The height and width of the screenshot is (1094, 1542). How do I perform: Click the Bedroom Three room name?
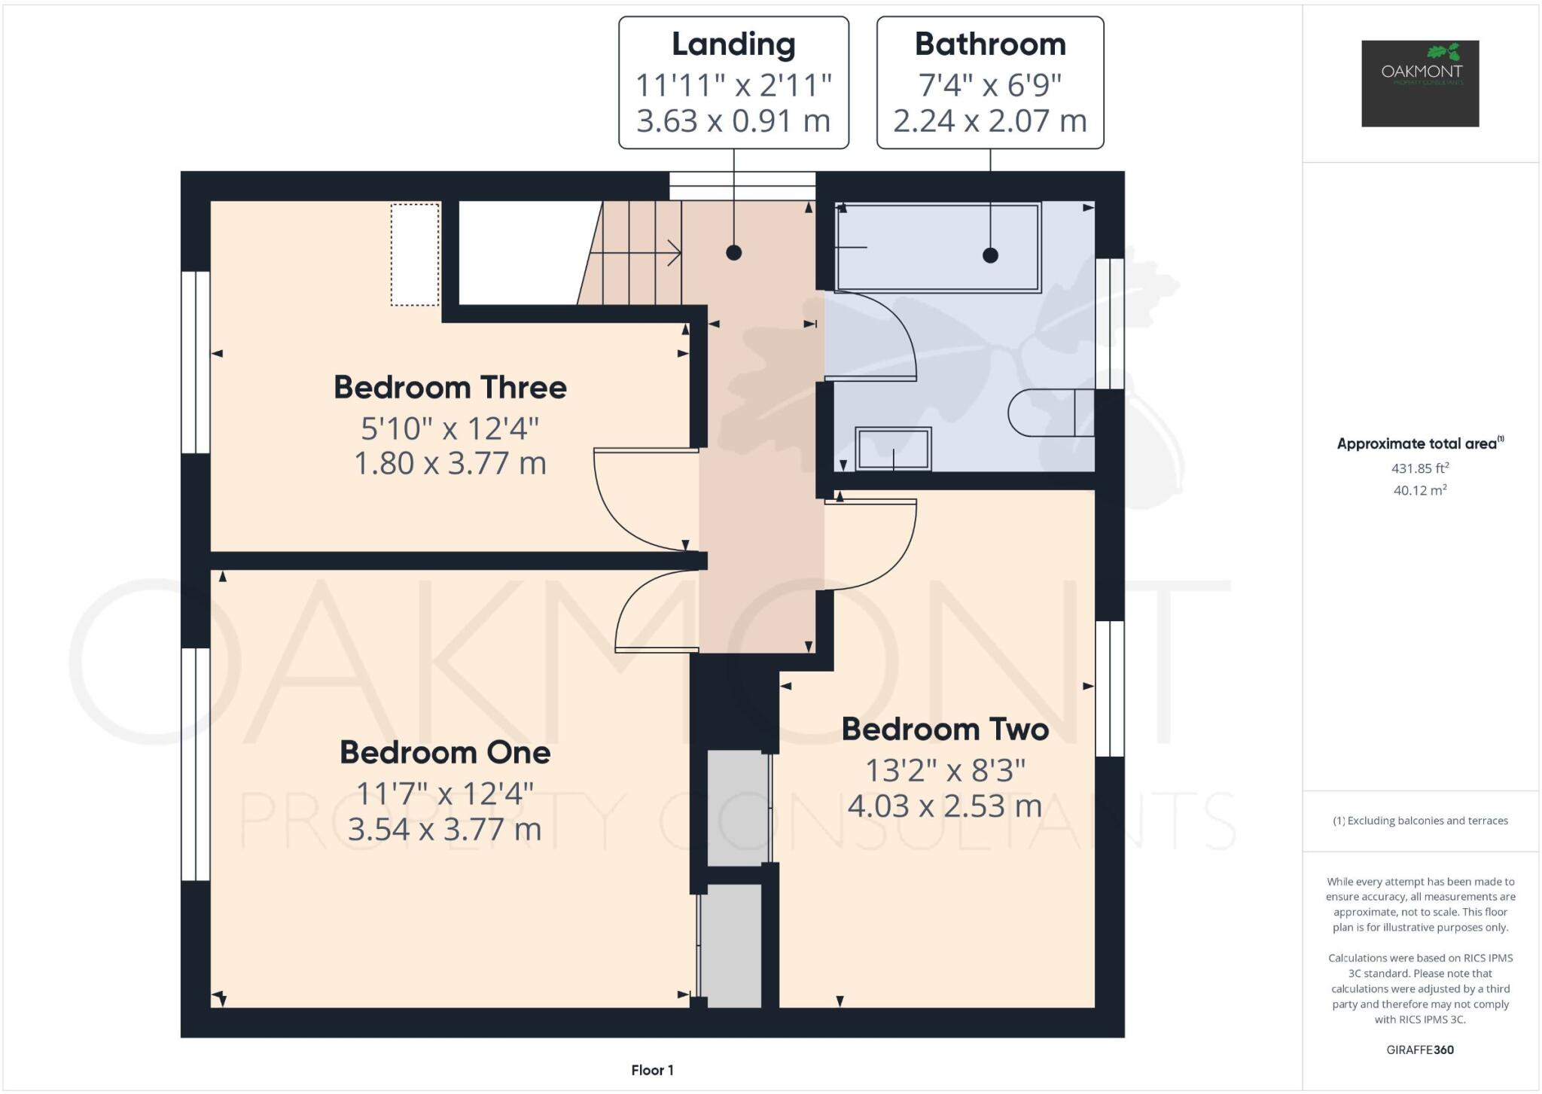(449, 388)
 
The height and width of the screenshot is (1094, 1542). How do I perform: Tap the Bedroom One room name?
(445, 753)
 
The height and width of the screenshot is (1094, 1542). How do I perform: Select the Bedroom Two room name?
(945, 730)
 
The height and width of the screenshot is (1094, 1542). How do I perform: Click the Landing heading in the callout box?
(733, 44)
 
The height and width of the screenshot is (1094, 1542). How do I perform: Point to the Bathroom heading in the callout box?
(990, 44)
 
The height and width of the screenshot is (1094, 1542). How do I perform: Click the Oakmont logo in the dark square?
(1420, 83)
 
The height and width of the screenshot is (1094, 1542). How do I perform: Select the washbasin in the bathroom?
(893, 449)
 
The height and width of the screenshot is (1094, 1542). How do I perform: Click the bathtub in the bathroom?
(937, 247)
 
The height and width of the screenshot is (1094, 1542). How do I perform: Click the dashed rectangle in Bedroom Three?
(415, 254)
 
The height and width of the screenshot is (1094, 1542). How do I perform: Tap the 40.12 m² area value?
(1420, 490)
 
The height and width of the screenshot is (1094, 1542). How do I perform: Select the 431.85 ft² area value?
(1420, 468)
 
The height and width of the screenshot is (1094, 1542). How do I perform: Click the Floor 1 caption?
(652, 1070)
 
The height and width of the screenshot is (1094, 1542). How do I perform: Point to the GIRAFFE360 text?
(1420, 1050)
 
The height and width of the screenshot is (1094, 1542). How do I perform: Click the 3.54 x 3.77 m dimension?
(445, 830)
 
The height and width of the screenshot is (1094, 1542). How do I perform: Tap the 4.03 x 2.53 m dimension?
(945, 806)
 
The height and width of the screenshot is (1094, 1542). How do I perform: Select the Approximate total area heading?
(1419, 443)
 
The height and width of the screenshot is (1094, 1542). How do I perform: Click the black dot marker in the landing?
(734, 253)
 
